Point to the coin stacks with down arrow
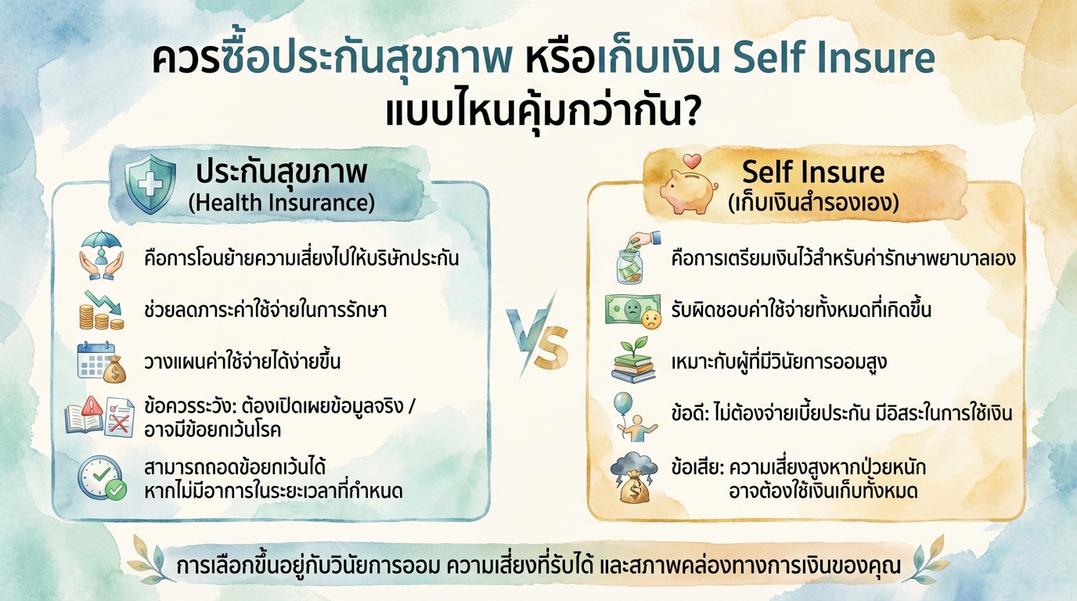(100, 310)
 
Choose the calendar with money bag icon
(102, 362)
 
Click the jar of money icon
(636, 257)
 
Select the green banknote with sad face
(632, 310)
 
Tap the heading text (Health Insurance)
(282, 203)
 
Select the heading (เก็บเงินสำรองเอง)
(812, 202)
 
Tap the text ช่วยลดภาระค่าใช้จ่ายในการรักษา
(266, 310)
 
